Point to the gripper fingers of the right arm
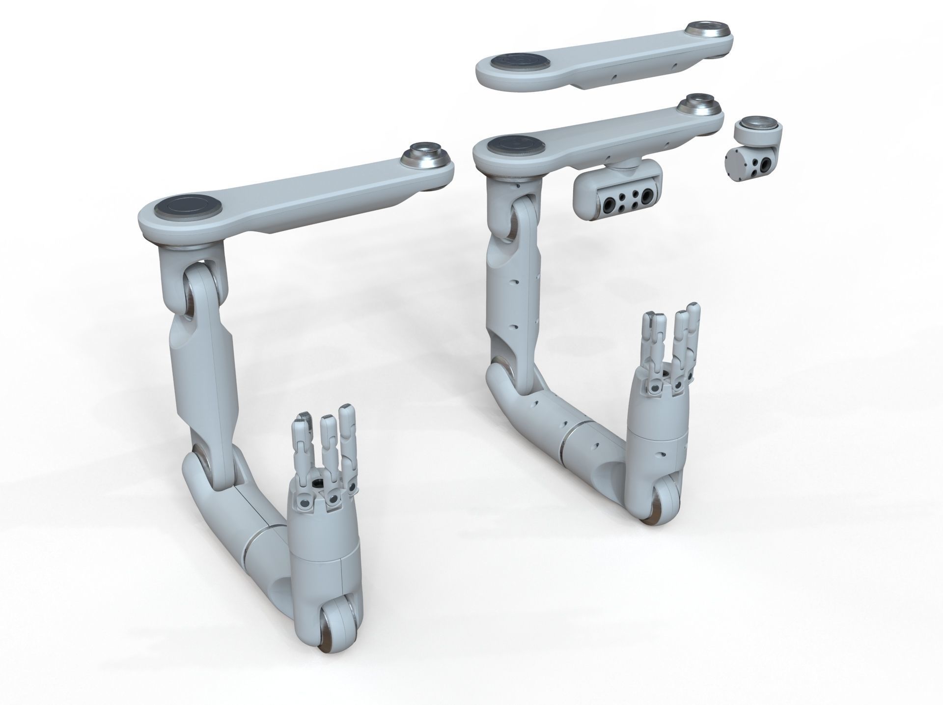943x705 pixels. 670,344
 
